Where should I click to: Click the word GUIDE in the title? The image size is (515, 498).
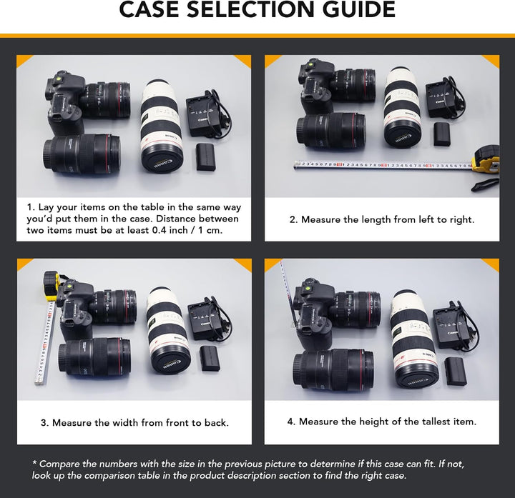[x=359, y=9]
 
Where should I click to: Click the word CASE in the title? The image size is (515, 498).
[x=149, y=9]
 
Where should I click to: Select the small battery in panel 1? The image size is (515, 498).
[x=206, y=156]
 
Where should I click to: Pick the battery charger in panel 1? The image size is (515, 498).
[x=203, y=116]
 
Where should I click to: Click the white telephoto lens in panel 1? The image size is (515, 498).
[x=161, y=126]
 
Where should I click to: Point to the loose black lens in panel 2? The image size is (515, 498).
[x=331, y=130]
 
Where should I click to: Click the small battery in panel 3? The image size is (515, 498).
[x=210, y=358]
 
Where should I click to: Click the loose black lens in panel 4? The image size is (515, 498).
[x=333, y=370]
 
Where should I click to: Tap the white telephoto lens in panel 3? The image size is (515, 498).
[x=169, y=332]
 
